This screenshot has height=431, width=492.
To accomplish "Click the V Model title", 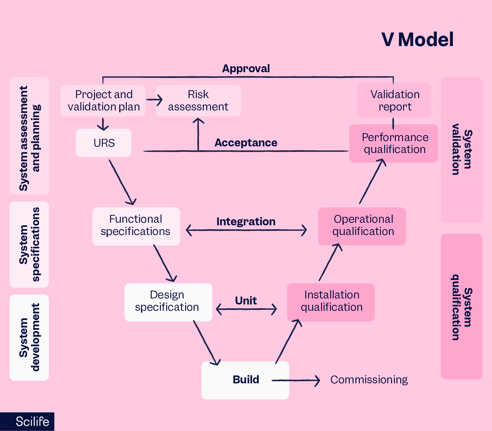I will (417, 40).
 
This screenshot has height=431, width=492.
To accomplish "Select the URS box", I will (103, 143).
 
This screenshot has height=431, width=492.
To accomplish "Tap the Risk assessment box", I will (198, 101).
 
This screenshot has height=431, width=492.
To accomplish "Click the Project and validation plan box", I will (103, 101).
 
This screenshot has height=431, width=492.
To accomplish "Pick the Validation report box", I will (394, 100).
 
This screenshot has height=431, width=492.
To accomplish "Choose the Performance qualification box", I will (394, 144).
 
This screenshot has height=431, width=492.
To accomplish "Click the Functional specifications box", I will (136, 226).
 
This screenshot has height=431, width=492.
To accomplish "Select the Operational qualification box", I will (362, 226).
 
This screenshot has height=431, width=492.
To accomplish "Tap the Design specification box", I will (168, 302).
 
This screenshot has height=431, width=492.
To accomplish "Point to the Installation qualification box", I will (331, 302).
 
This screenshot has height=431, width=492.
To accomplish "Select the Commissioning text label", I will (369, 380).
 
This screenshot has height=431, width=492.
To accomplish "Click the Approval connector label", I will (246, 69).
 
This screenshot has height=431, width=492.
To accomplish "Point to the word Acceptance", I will (246, 143).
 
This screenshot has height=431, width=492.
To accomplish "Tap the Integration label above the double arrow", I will (246, 221).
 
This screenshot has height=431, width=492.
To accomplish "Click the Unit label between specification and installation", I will (246, 301).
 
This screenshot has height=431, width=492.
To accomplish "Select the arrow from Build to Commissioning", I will (296, 381).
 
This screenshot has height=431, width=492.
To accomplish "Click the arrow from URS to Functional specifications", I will (123, 183).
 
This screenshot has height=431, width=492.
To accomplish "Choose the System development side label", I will (29, 338).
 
